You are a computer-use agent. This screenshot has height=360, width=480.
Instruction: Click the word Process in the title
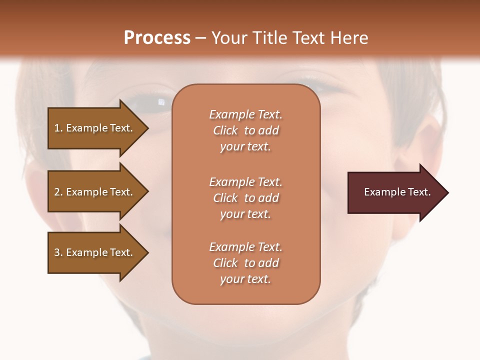pos(157,38)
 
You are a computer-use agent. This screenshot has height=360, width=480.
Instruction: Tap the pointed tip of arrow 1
pos(146,128)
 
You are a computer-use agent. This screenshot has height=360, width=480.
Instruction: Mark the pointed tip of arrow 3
pos(146,252)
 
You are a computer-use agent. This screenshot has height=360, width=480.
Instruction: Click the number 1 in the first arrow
pos(57,128)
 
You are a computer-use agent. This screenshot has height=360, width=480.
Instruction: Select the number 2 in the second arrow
pos(57,192)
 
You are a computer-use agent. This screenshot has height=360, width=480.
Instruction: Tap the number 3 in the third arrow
pos(57,252)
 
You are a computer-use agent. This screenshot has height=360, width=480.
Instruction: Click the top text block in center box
pos(245,130)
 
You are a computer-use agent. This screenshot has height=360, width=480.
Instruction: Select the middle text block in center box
pos(245,198)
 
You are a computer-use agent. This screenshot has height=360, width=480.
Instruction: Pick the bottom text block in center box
pos(245,263)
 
